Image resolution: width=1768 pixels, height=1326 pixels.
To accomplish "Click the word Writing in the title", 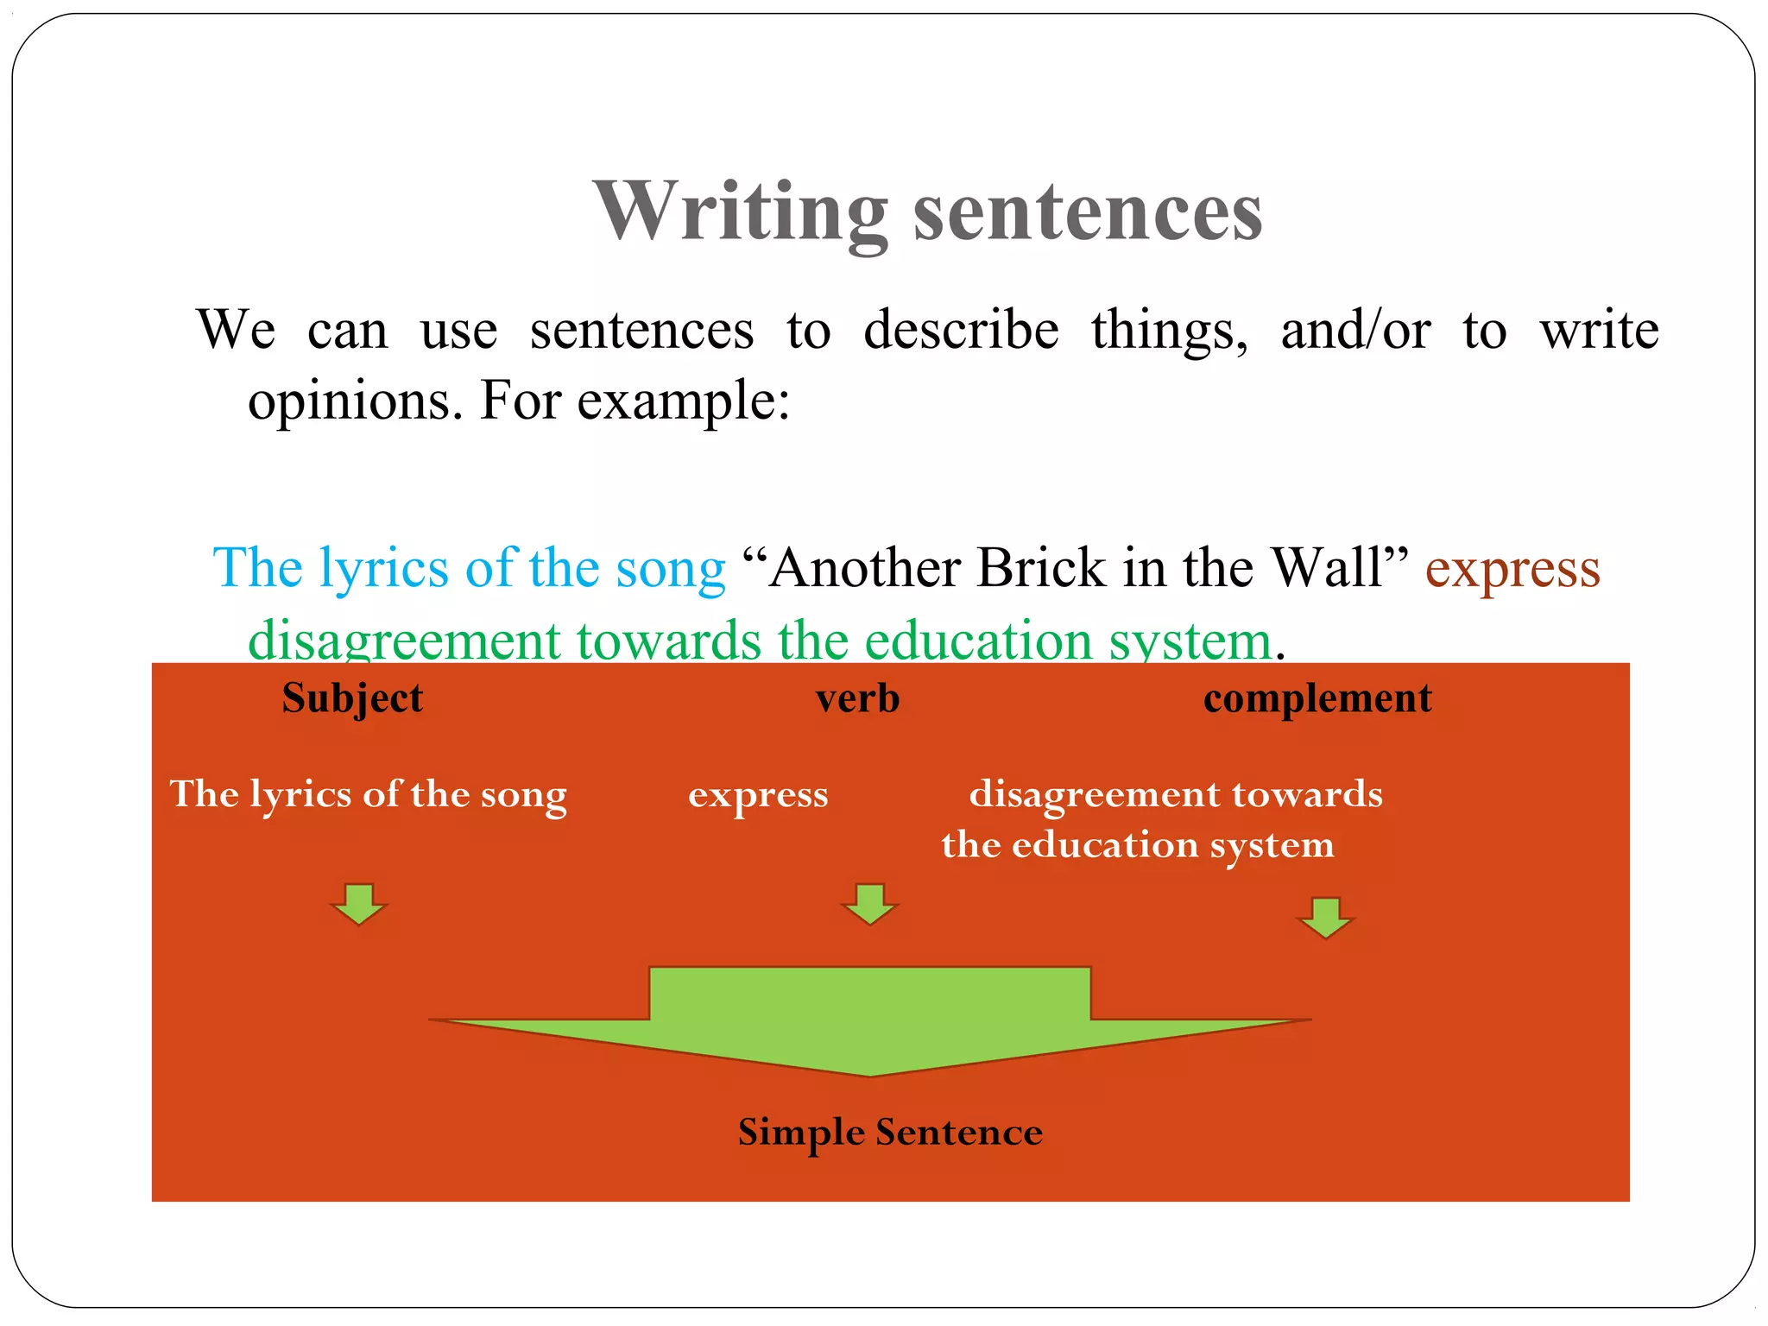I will [x=741, y=212].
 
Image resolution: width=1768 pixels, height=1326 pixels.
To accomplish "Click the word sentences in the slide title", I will [x=1088, y=212].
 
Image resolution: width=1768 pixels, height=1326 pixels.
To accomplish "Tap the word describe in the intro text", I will [x=961, y=330].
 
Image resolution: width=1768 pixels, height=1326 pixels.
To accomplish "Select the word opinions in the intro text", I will [x=348, y=402].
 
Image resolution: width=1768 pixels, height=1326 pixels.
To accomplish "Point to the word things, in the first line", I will [x=1169, y=331].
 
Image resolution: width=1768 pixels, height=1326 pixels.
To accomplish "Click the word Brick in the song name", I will [x=1041, y=568].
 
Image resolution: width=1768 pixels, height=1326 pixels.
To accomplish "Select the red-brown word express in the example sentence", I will [x=1512, y=570].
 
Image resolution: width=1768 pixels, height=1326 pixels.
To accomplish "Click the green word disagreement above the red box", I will [x=404, y=641].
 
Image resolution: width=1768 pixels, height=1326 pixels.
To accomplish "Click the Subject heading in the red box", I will [x=352, y=699].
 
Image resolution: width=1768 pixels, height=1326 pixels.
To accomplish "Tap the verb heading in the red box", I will [x=857, y=699].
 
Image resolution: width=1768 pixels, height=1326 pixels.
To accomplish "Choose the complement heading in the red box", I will [x=1317, y=699].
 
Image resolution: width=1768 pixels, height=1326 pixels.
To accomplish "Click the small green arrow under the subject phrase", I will [x=358, y=903].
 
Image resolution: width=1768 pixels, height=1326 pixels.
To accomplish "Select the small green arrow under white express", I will [x=869, y=903].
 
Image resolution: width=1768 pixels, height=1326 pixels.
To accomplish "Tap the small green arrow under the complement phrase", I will [x=1325, y=917].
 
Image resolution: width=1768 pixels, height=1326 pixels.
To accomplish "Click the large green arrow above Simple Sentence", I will [x=870, y=1019].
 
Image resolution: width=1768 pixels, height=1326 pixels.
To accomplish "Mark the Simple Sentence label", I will [x=890, y=1133].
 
